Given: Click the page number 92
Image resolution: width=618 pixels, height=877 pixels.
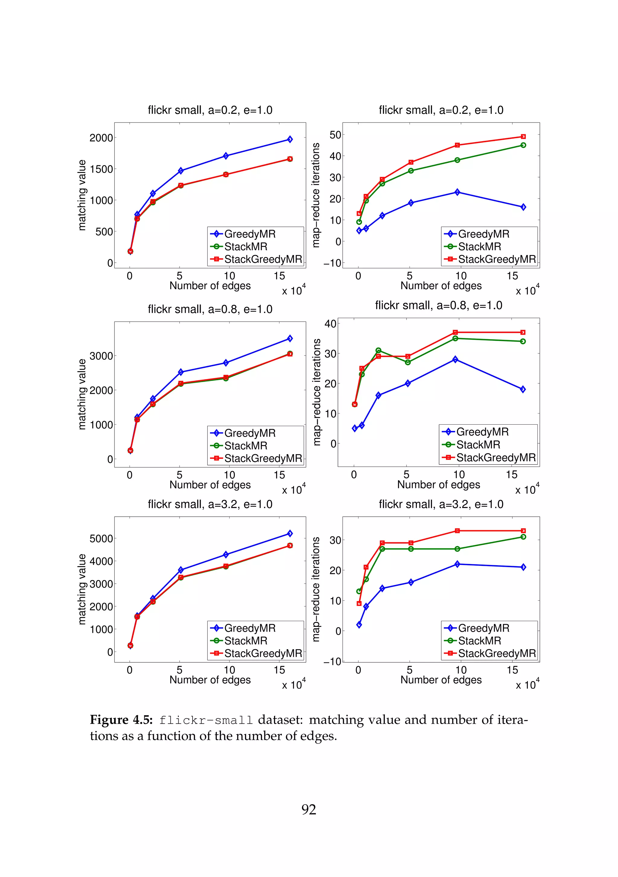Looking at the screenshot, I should [x=309, y=809].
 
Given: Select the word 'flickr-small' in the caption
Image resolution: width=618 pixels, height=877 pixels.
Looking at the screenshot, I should [x=206, y=720].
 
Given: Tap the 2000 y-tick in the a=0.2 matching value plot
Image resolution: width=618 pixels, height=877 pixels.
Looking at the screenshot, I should [x=101, y=138].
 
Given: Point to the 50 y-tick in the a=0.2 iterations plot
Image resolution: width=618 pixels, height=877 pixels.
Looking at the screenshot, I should [x=335, y=135].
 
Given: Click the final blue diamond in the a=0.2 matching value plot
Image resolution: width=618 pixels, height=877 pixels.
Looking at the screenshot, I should [x=290, y=139].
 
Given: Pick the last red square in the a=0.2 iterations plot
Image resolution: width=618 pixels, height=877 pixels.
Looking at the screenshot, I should [x=523, y=136].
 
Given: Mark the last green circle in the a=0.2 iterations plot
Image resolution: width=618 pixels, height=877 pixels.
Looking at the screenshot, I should [x=523, y=145].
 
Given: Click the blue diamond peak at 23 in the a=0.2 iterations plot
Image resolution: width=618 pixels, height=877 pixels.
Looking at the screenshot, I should [x=457, y=192].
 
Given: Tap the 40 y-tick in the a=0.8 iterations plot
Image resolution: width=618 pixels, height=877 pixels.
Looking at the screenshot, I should [x=330, y=324].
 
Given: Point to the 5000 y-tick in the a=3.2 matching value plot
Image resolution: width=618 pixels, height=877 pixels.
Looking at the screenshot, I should [x=101, y=539].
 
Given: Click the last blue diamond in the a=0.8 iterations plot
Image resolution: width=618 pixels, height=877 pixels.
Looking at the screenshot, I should [x=523, y=389].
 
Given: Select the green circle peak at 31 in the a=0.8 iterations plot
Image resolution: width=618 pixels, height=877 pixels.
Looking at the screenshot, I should [x=378, y=350].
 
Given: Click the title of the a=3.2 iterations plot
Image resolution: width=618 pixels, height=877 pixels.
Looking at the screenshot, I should [x=441, y=504].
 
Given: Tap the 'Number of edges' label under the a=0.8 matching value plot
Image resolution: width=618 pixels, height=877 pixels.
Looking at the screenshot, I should [x=210, y=485].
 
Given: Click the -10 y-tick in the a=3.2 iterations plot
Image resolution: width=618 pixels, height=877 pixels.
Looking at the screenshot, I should [x=332, y=662].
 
